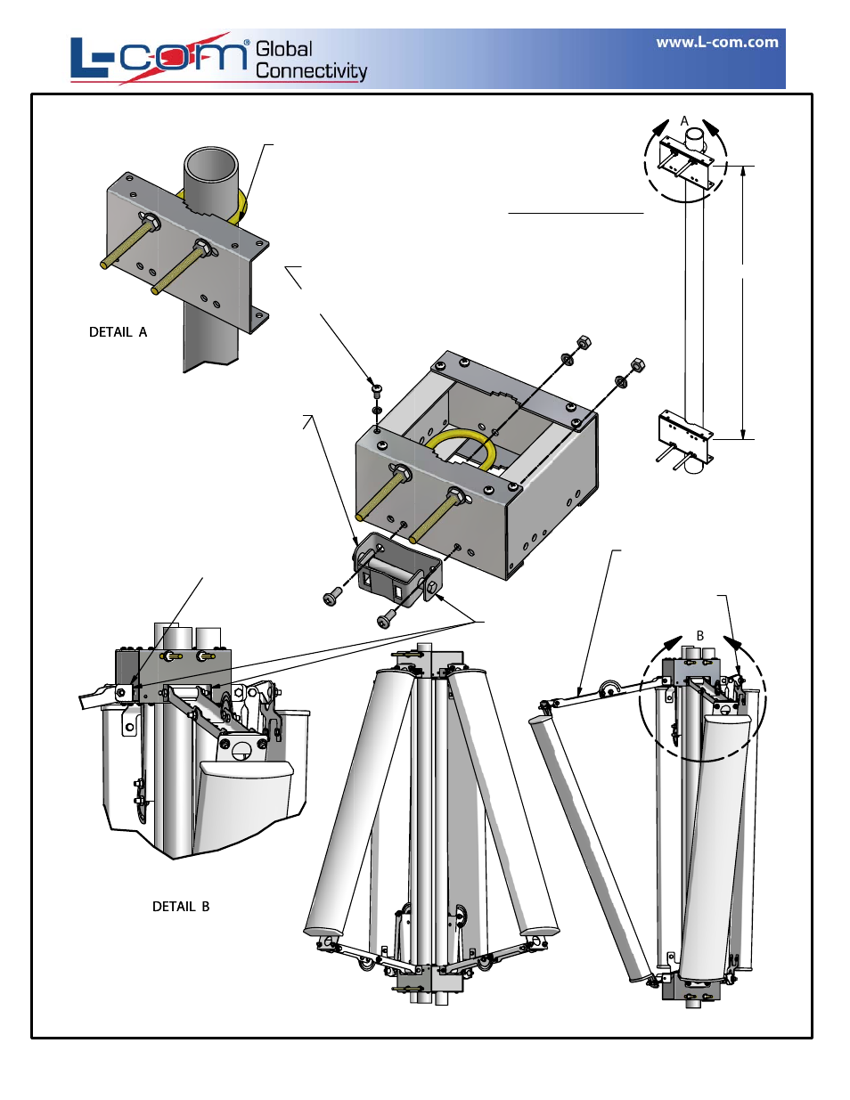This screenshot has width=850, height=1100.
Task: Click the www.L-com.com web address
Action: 717,43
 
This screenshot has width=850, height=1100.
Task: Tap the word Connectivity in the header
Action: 311,71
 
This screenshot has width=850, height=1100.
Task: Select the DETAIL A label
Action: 118,332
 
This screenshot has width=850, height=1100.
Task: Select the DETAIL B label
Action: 181,906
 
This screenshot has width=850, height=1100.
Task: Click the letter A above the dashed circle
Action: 684,121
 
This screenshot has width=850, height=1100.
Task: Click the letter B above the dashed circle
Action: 700,636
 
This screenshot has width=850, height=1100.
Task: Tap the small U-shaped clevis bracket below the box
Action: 396,568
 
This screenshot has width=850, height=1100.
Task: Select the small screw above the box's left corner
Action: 376,388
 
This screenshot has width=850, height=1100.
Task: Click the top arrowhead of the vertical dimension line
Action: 743,172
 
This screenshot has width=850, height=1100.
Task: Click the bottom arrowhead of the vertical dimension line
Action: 743,433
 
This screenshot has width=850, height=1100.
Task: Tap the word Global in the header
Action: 284,49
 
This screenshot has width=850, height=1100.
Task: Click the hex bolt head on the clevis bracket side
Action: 432,587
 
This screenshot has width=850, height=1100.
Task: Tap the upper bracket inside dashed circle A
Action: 686,162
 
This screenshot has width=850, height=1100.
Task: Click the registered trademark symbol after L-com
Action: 247,43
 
